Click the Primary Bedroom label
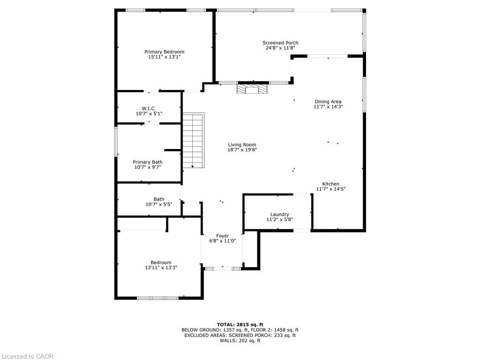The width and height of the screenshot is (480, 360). (164, 52)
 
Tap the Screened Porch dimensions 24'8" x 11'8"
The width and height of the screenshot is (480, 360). (280, 48)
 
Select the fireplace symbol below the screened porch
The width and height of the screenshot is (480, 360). (252, 89)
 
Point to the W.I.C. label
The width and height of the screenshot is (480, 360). (149, 108)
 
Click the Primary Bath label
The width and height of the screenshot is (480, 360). (148, 162)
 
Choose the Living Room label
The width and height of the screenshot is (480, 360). (242, 145)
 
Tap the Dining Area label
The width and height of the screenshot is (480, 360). (328, 101)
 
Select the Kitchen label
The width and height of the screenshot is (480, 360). (330, 184)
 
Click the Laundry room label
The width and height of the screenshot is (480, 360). (279, 214)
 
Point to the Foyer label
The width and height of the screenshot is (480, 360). (222, 236)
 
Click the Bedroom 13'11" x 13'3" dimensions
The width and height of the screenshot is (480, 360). (161, 268)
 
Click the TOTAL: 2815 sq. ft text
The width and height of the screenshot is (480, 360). (240, 324)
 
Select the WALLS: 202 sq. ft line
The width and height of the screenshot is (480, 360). (240, 340)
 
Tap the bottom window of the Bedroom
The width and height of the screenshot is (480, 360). (157, 298)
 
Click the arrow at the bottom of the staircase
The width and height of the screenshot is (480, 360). (192, 165)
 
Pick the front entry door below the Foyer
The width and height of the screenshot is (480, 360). (223, 269)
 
